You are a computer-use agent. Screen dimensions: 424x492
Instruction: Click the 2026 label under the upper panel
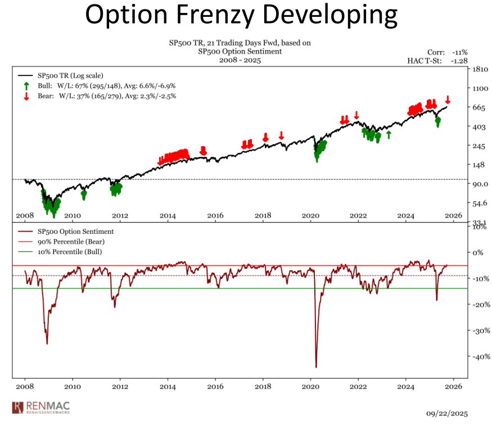coord(453,215)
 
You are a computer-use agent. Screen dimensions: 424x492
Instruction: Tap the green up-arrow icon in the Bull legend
coord(26,86)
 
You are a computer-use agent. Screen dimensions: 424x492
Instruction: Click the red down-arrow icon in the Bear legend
coord(26,96)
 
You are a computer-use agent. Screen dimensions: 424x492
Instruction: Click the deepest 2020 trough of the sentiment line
coord(316,367)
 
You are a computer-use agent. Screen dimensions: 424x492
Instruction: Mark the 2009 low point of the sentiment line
coord(47,344)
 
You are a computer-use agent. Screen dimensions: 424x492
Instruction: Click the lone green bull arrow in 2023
coord(388,134)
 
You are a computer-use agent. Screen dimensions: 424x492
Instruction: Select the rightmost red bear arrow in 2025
coord(448,100)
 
